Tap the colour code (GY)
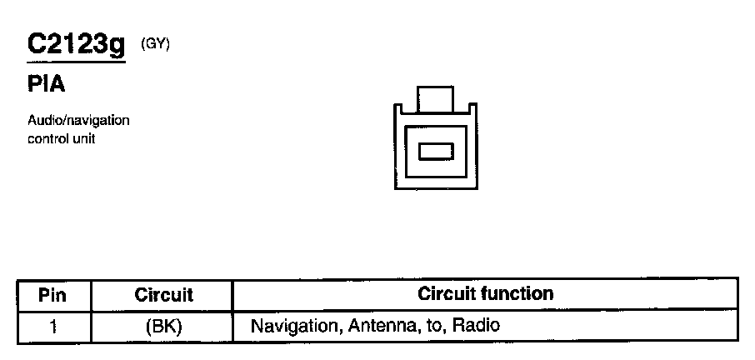(x=155, y=45)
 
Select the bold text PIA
(x=46, y=85)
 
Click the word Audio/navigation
(x=78, y=121)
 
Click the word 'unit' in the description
(x=84, y=139)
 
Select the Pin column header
(x=52, y=294)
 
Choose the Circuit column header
(x=163, y=294)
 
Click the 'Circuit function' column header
(x=485, y=293)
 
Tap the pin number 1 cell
(x=52, y=326)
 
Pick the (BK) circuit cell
(x=163, y=326)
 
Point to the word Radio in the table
(x=475, y=325)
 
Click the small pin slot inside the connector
(x=436, y=152)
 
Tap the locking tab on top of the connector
(x=436, y=99)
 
